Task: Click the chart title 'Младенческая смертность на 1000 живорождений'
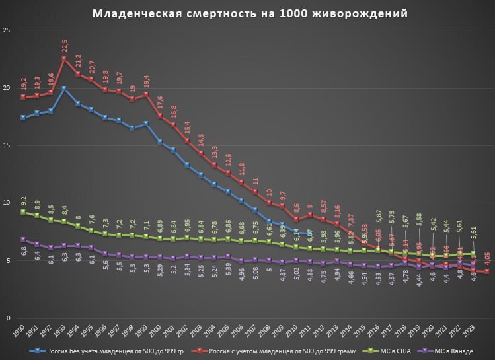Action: pos(249,13)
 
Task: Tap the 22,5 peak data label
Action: pos(64,46)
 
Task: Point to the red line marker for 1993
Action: pos(64,58)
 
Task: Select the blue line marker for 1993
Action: pos(64,88)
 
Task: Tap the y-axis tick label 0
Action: pos(9,318)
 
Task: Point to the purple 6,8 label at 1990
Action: pos(24,252)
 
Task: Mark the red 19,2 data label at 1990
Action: pos(24,84)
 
